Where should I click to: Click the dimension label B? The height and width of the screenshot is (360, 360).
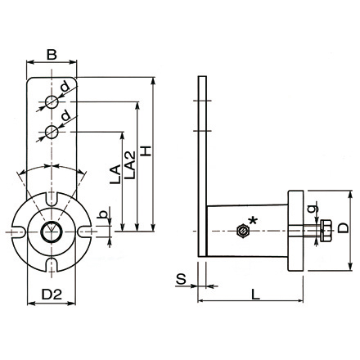click(51, 55)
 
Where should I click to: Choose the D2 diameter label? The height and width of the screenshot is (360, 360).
click(52, 292)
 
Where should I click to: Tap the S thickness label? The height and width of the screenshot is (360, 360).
click(180, 280)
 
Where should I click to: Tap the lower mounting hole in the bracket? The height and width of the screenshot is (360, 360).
click(52, 131)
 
